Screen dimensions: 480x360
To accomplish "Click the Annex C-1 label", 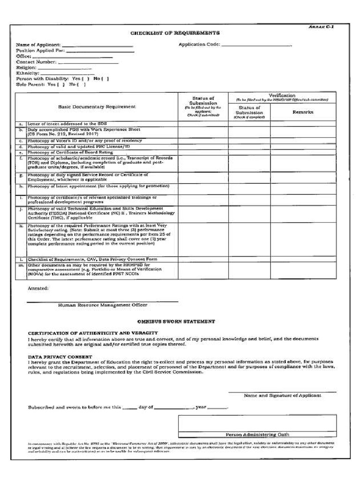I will pos(321,27).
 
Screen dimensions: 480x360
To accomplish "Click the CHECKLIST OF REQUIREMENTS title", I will pos(175,33).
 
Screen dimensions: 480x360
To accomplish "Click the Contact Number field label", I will pos(36,62).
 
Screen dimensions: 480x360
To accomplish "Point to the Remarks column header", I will pos(303,112).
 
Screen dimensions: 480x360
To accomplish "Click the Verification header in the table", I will pos(282,96).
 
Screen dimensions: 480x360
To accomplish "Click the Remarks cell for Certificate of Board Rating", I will pos(303,152).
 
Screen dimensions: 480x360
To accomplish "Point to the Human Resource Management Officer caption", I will pos(102,305).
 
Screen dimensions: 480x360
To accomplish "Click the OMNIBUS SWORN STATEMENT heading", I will pos(176,322).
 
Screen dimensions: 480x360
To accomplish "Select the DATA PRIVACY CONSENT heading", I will pos(60,357).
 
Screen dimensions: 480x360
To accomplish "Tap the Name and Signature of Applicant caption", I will pos(282,396).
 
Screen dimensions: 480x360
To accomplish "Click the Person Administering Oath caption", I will pos(257,435).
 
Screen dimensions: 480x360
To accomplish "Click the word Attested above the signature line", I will pos(38,288).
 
